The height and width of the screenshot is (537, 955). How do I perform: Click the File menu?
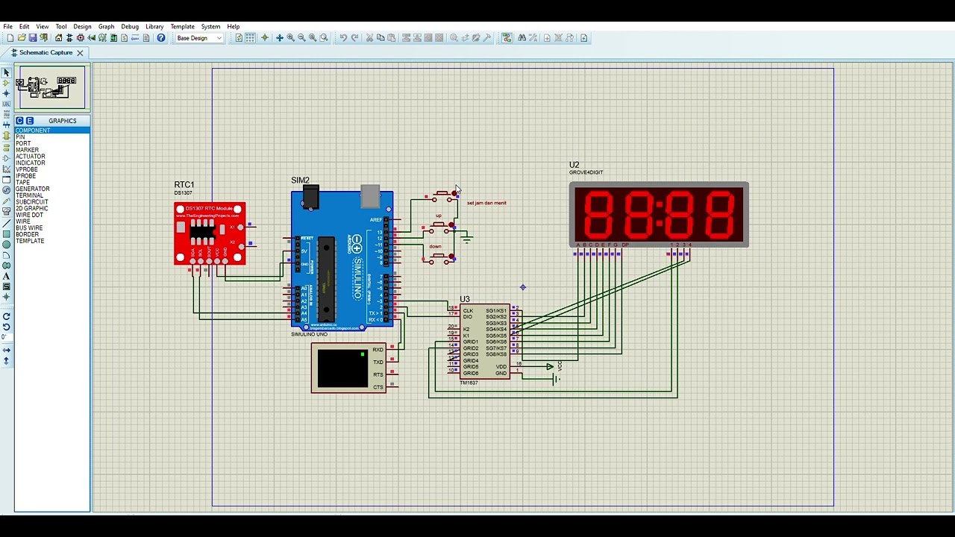(7, 27)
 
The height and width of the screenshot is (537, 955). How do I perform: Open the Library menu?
(154, 27)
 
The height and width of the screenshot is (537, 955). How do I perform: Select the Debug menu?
(130, 27)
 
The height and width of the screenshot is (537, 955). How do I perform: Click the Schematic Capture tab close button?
(80, 53)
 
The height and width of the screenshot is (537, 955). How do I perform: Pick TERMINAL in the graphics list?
(30, 195)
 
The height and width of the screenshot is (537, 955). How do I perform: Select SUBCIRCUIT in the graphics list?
(32, 202)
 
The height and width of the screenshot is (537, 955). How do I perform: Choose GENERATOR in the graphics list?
(33, 189)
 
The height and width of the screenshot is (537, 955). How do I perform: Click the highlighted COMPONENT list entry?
(34, 131)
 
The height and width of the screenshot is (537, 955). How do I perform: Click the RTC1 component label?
(184, 185)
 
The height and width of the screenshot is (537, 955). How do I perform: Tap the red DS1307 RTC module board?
(210, 233)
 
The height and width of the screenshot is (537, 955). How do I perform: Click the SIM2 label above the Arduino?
(300, 180)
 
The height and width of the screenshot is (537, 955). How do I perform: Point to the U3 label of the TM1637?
(465, 300)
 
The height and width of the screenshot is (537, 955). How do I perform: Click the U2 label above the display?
(574, 166)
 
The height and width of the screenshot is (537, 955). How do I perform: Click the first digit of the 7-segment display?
(599, 214)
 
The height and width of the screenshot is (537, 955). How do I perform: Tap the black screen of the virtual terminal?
(342, 368)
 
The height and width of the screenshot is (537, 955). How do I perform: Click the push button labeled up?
(441, 224)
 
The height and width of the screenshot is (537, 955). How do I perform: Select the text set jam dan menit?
(486, 203)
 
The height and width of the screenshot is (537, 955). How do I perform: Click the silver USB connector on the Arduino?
(370, 196)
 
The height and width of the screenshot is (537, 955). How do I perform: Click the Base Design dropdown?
(199, 38)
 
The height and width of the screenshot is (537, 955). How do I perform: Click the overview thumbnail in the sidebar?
(51, 87)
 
